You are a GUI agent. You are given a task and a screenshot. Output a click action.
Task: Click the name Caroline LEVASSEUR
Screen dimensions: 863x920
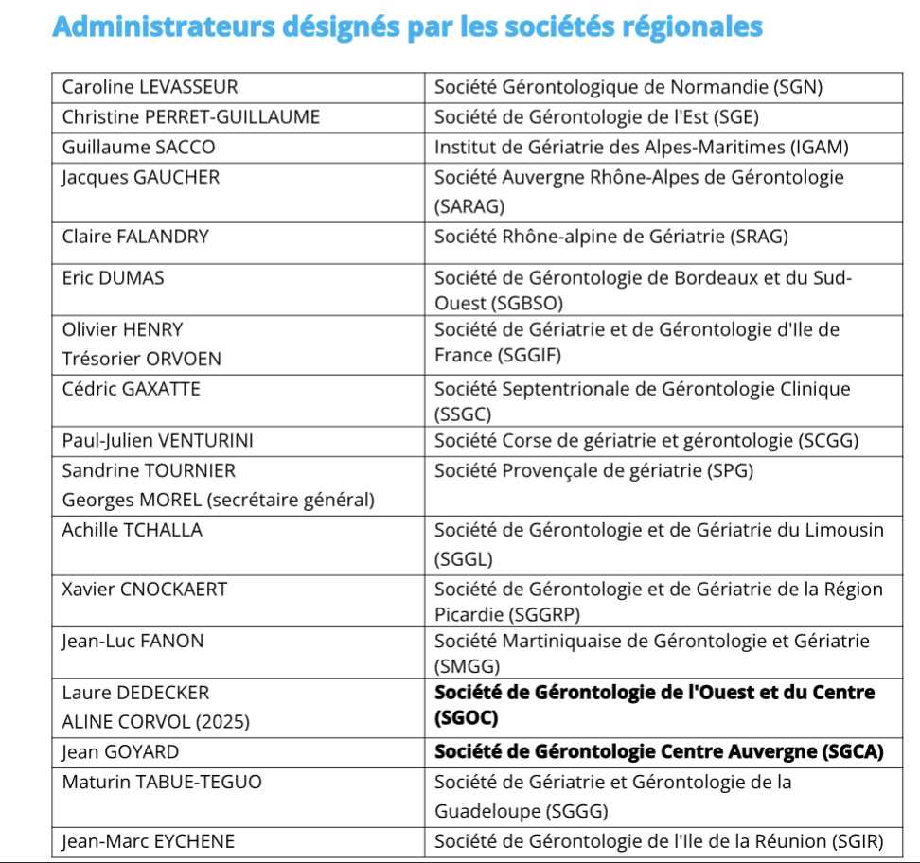click(x=150, y=88)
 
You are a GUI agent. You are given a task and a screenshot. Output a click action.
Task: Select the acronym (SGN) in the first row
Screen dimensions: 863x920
click(x=799, y=88)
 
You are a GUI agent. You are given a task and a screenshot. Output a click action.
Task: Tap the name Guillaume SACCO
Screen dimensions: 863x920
click(x=138, y=148)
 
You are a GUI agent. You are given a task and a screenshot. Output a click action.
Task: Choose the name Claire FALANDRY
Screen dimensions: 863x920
click(x=135, y=237)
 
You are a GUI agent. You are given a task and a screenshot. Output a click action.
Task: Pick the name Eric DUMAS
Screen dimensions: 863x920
click(x=113, y=278)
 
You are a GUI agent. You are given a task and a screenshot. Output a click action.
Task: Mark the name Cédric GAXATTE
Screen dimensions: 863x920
click(x=132, y=389)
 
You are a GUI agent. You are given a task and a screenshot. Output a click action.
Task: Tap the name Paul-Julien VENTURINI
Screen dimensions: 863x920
click(x=157, y=440)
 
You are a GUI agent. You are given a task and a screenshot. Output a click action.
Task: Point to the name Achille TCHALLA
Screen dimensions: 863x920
click(x=133, y=530)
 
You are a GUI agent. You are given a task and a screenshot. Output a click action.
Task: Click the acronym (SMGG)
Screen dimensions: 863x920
click(x=467, y=666)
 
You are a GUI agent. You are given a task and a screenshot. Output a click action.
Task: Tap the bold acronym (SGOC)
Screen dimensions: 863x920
click(x=466, y=718)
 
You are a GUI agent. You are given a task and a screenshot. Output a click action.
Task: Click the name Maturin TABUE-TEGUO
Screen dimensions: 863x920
click(x=162, y=783)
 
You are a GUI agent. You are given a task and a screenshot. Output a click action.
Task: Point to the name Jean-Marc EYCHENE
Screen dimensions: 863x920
click(x=149, y=841)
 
